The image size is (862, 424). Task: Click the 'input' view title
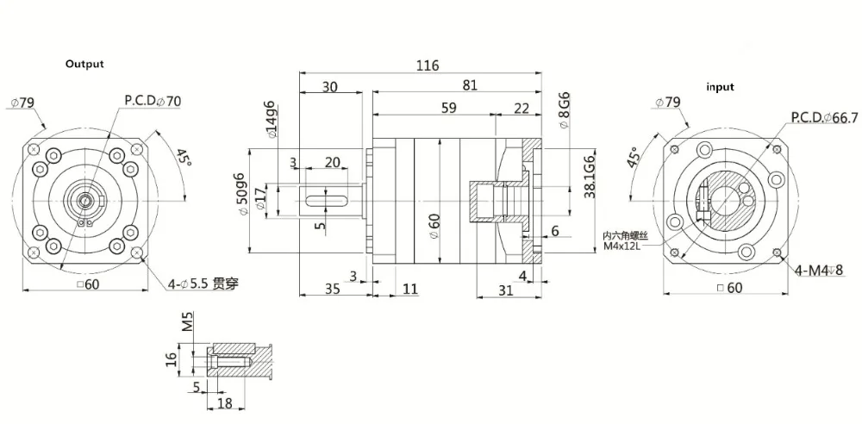point(720,87)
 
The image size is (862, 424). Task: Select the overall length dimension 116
point(427,65)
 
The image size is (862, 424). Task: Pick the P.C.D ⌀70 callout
point(153,101)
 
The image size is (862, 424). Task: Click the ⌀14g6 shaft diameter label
point(271,121)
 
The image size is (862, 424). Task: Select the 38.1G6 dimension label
point(590,178)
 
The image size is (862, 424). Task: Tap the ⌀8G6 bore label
point(564,109)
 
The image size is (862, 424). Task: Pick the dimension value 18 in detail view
point(226,403)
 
